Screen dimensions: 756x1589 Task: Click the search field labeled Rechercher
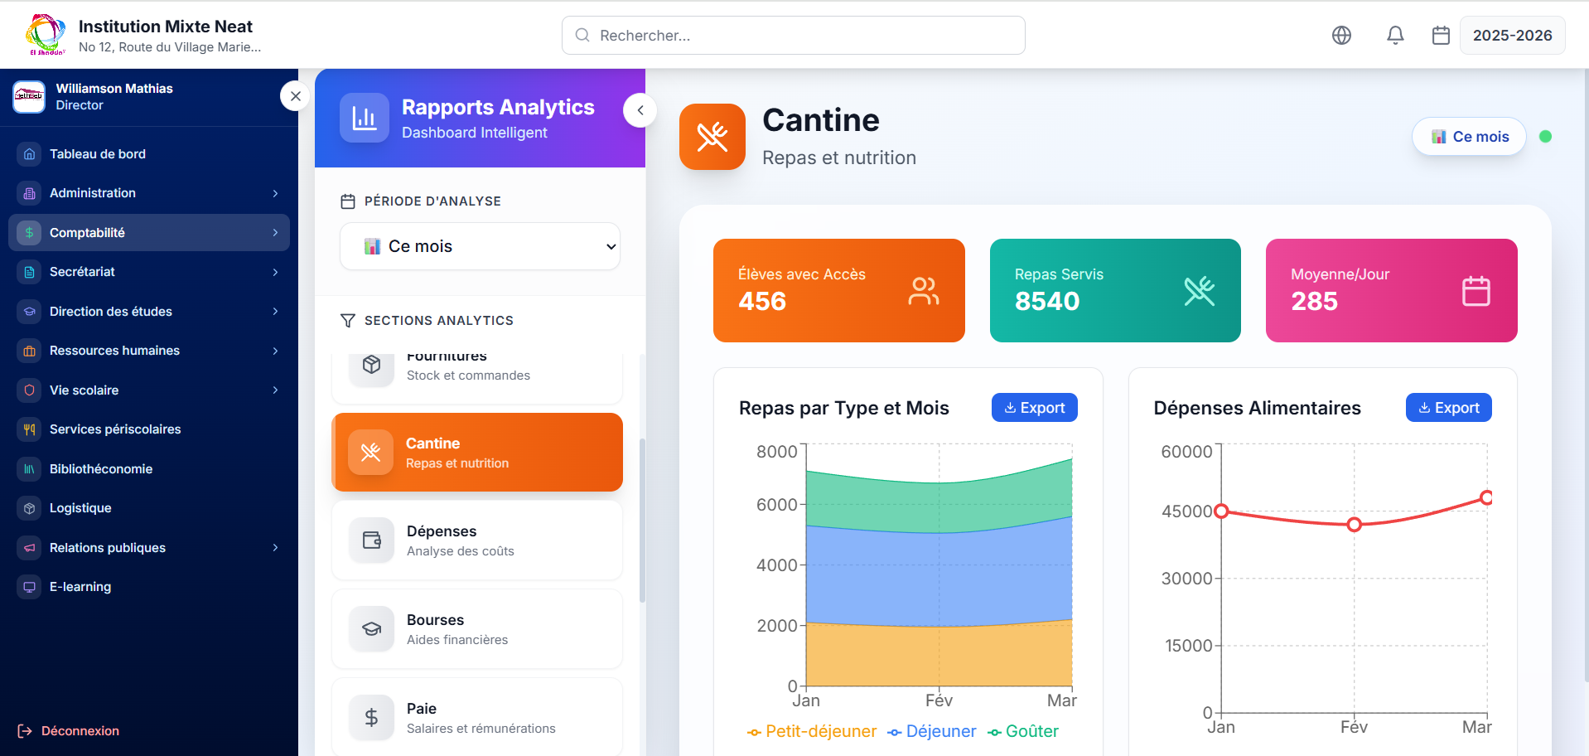(793, 36)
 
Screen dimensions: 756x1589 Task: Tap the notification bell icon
(1395, 35)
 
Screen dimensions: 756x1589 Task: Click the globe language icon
(1341, 35)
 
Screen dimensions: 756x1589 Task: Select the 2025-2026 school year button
(1512, 36)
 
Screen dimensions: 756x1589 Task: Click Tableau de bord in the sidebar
(98, 154)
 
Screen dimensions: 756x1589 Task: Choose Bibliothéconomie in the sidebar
(101, 469)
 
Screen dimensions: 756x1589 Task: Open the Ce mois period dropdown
(480, 246)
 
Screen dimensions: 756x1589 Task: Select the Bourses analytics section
(477, 629)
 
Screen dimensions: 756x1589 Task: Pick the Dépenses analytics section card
(477, 540)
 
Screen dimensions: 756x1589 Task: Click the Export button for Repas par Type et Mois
(1034, 408)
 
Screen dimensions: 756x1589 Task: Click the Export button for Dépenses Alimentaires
(1448, 408)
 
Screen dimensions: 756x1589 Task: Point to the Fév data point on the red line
(1354, 524)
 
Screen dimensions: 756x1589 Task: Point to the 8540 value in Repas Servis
(1047, 301)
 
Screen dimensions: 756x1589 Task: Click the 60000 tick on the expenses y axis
(1186, 452)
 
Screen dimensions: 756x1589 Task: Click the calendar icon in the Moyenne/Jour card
(1475, 291)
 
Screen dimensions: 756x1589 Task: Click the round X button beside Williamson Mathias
(296, 96)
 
